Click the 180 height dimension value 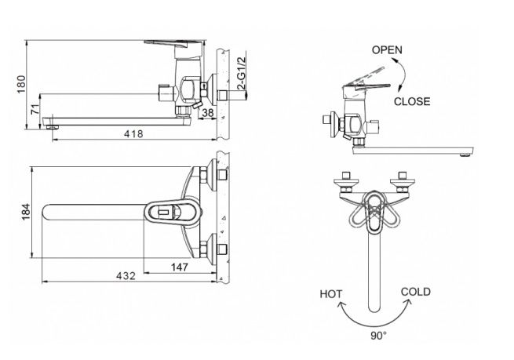coord(21,84)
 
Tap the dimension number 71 coord(35,108)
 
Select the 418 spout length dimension coord(133,134)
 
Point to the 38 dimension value coord(207,113)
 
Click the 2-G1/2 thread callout coord(241,74)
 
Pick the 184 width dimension coord(26,212)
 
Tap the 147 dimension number coord(179,267)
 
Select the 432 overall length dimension coord(126,276)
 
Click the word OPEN coord(387,50)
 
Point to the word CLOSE coord(412,101)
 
